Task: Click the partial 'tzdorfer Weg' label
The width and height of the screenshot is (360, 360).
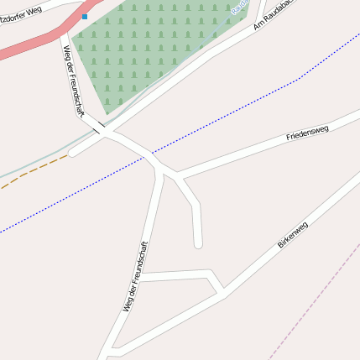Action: (x=21, y=14)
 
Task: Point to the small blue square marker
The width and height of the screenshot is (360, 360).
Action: (x=84, y=17)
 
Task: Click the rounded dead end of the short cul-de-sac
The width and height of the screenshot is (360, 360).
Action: (x=198, y=244)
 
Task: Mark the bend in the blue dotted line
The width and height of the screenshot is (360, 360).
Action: (x=300, y=79)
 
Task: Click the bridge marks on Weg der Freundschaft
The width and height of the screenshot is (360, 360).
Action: (x=100, y=127)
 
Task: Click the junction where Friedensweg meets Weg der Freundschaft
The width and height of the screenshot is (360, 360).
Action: (x=178, y=177)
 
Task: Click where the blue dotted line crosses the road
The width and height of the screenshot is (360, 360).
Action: (x=150, y=154)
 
